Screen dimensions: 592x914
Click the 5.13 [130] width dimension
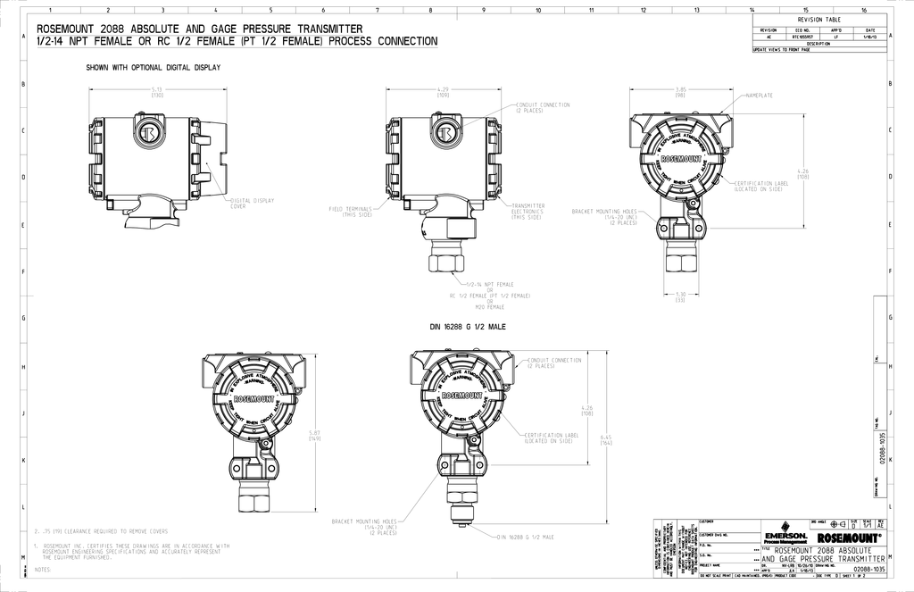tap(157, 92)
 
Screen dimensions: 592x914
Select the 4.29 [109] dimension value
tap(443, 92)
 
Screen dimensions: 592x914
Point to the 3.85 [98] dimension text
tap(681, 92)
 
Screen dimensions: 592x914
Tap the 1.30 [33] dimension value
tap(681, 297)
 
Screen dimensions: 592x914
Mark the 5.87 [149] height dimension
tap(314, 435)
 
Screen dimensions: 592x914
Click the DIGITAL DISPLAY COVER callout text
tap(253, 203)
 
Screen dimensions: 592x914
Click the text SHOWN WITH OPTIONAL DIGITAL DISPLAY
tap(153, 68)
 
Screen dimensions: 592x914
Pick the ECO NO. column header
tap(801, 29)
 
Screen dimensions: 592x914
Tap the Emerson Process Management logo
tap(785, 538)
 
